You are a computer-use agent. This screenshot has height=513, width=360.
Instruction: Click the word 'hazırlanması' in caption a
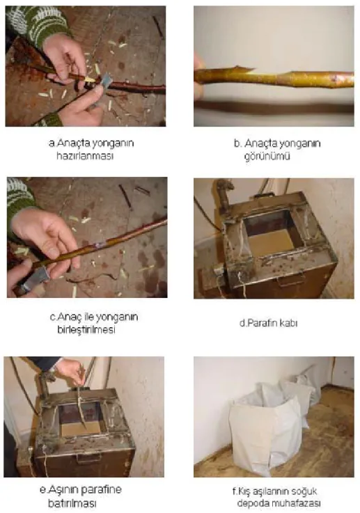pos(85,156)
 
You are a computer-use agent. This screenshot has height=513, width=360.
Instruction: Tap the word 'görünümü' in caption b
pos(267,156)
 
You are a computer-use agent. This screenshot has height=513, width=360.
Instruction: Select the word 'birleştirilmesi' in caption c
pos(86,329)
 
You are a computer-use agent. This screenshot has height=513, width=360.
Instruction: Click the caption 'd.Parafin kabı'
pos(268,323)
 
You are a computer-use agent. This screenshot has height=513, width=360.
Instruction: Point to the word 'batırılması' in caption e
pos(72,503)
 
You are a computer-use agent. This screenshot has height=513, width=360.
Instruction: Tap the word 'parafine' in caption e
pos(101,490)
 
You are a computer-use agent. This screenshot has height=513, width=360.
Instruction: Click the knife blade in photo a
pos(105,81)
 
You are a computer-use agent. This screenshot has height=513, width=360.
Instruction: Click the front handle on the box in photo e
pos(88,459)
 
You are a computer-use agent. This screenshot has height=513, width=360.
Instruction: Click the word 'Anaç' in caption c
pos(68,317)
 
